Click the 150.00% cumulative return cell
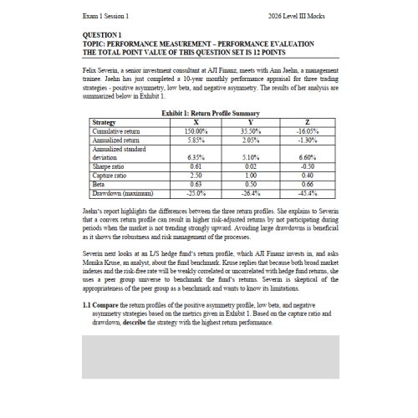tap(196, 131)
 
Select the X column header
tap(196, 124)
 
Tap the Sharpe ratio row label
tap(108, 166)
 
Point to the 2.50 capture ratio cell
tap(196, 175)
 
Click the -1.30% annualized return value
tap(307, 139)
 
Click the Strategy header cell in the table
tap(104, 124)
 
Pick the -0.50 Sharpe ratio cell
tap(307, 166)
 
